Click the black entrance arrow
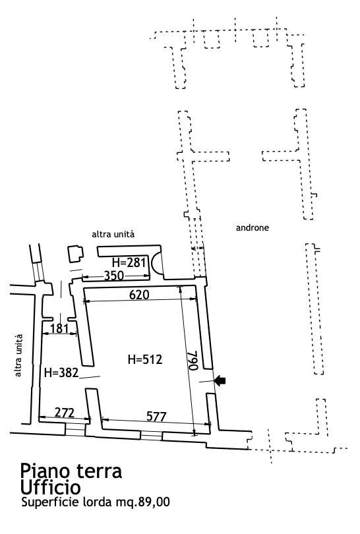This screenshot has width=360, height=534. [x=220, y=381]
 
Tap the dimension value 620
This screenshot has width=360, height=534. [x=139, y=295]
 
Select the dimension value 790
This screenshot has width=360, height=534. [x=193, y=361]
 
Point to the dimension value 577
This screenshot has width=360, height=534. [x=156, y=417]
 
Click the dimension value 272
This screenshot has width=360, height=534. [x=65, y=413]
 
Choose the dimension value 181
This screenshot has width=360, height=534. [x=59, y=329]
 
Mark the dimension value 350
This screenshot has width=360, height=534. [x=114, y=275]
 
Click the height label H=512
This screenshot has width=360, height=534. [x=145, y=359]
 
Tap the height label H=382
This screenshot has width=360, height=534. [x=61, y=372]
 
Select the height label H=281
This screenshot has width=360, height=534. [x=129, y=262]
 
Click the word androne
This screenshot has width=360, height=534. [x=253, y=227]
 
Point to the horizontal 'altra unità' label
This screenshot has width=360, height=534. [x=113, y=234]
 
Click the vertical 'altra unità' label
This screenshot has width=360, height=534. [x=18, y=355]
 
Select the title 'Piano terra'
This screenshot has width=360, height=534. [x=71, y=471]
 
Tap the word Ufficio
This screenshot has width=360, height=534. [x=50, y=487]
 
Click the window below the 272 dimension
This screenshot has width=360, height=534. [x=75, y=429]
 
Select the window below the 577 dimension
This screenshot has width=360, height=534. [x=151, y=435]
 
